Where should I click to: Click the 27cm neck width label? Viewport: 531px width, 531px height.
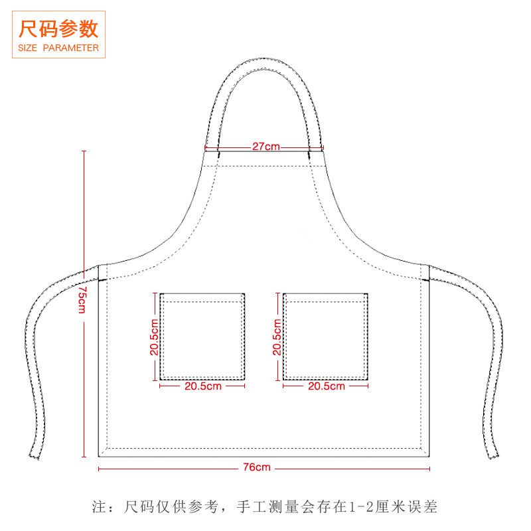tap(265, 147)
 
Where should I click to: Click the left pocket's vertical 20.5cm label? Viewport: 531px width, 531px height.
tap(154, 337)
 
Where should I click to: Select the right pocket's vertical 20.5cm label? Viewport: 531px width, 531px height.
tap(277, 337)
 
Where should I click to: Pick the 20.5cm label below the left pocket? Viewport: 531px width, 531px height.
tap(202, 386)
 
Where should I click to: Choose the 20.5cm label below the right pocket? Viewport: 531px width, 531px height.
tap(326, 386)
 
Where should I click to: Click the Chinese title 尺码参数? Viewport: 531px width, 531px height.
tap(59, 29)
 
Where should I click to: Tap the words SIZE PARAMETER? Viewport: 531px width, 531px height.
tap(59, 48)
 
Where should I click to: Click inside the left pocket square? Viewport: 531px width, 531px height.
tap(202, 339)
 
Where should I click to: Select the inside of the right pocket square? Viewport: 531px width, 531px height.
tap(326, 339)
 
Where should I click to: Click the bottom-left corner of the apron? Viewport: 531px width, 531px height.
tap(100, 456)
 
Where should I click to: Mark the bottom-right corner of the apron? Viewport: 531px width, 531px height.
tap(430, 456)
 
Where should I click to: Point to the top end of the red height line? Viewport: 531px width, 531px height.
tap(84, 152)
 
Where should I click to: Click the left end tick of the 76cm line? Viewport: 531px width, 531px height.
tap(99, 468)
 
